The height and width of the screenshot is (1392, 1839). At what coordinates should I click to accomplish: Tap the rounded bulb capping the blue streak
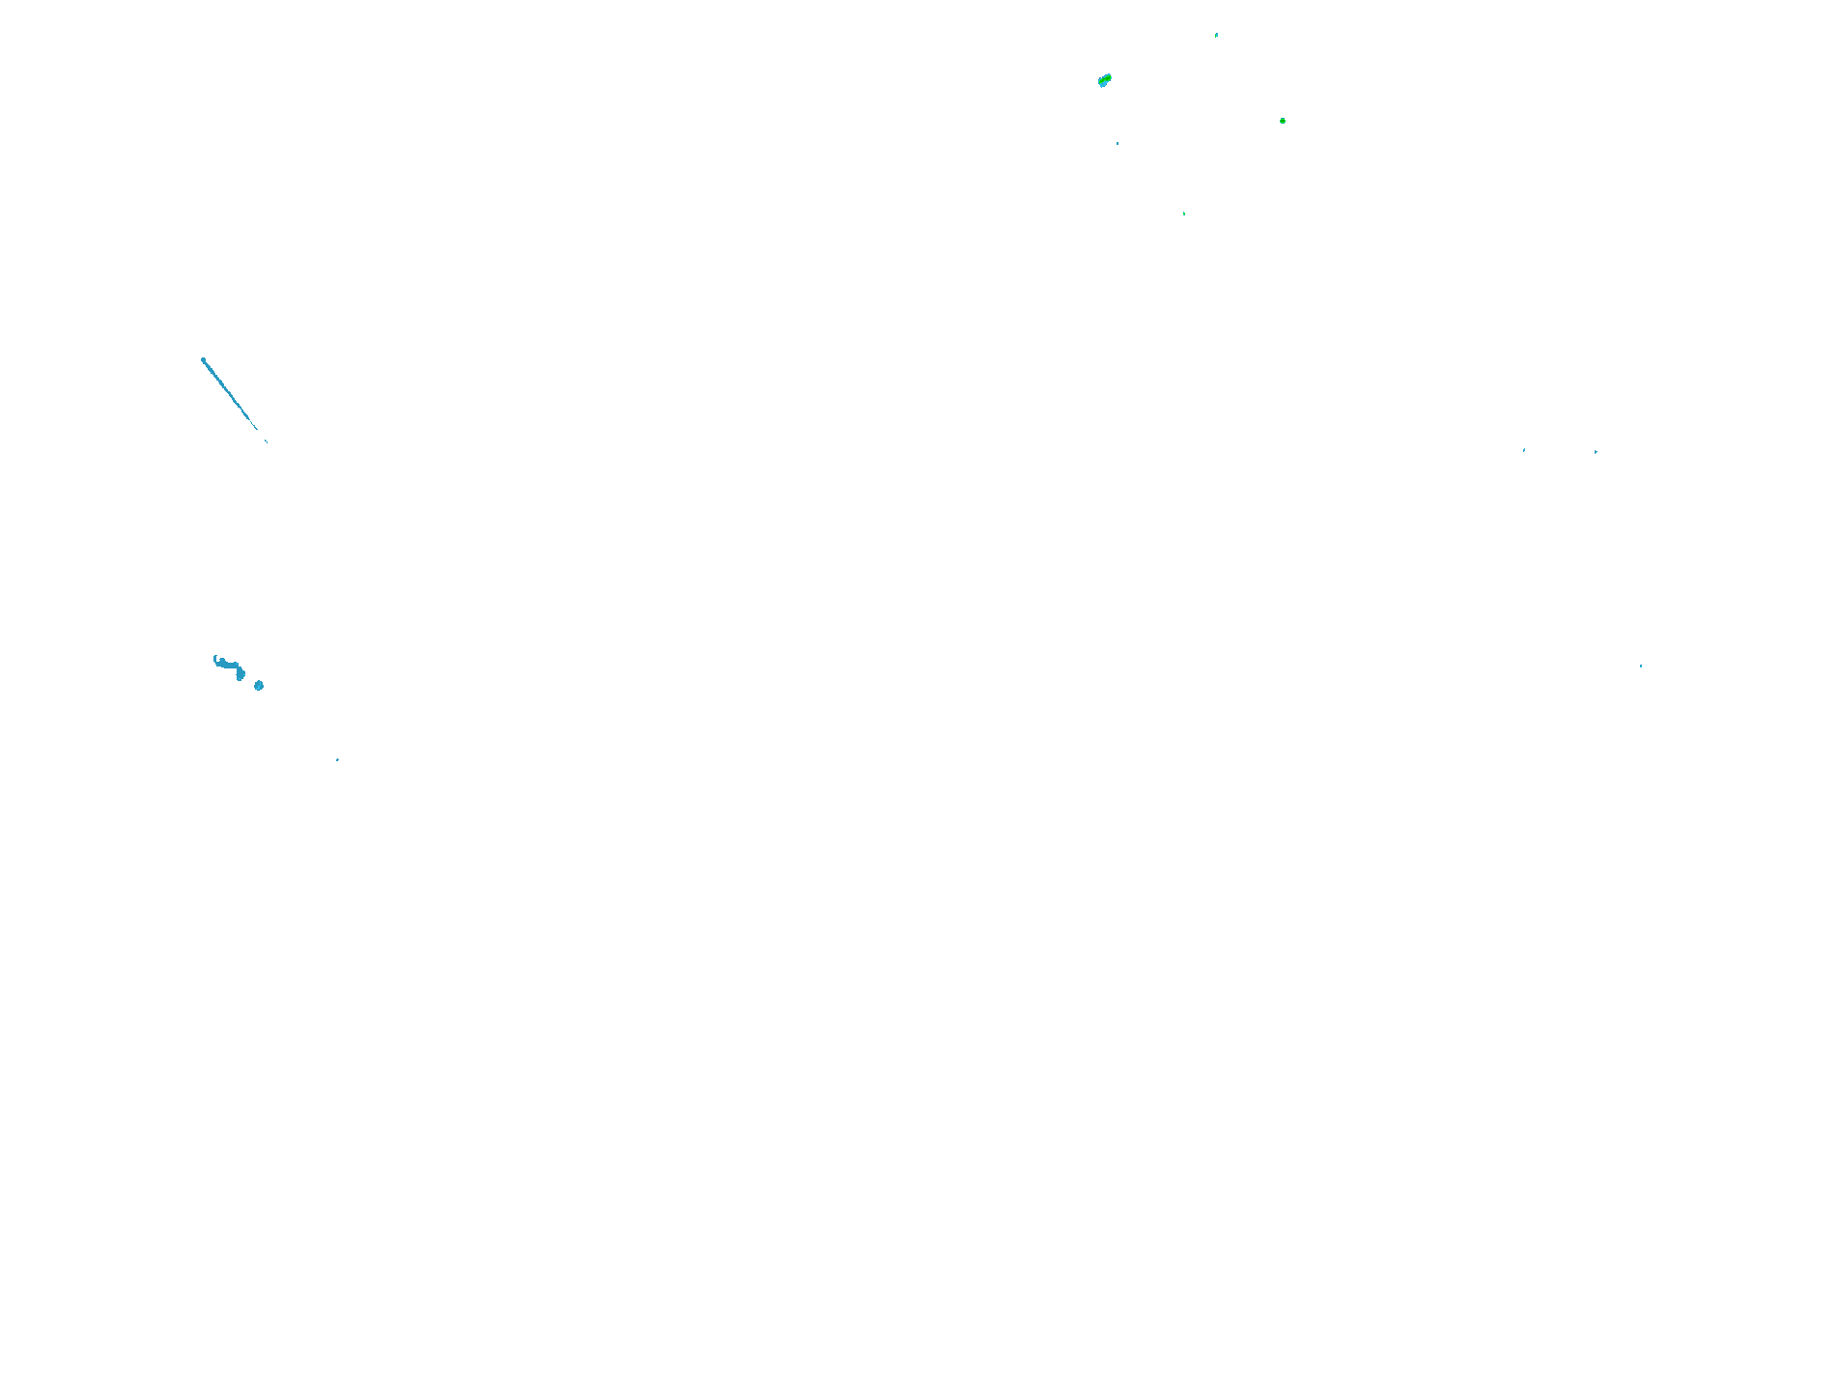203,360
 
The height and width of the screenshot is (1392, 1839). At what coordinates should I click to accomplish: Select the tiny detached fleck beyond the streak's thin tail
267,441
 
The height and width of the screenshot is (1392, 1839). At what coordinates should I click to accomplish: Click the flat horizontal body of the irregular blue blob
228,665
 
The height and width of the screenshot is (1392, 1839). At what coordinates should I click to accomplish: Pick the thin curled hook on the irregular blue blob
215,659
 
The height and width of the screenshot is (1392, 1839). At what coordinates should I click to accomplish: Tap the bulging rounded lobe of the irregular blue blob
240,674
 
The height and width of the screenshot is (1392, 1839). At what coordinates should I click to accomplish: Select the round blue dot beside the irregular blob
259,686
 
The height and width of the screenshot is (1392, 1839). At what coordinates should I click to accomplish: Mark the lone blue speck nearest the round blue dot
337,760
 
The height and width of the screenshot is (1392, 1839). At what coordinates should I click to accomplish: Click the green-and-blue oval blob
1105,80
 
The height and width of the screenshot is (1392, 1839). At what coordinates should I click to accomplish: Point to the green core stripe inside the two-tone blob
1106,78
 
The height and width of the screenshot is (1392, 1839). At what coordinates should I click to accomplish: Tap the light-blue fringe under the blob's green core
1102,84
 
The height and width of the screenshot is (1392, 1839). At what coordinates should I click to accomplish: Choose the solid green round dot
1283,121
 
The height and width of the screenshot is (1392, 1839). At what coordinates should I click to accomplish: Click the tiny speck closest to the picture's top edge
1216,35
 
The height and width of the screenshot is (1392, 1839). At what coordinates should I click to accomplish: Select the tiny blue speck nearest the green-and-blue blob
1118,143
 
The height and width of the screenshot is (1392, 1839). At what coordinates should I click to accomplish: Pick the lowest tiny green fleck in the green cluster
1184,213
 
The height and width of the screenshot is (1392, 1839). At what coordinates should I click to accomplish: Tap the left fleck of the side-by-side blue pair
1524,450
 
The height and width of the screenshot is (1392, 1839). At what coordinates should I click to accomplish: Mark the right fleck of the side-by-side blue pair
1596,451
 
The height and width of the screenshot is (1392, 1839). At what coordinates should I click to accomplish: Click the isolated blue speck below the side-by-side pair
1640,667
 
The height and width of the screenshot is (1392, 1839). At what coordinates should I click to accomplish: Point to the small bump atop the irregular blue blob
222,660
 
